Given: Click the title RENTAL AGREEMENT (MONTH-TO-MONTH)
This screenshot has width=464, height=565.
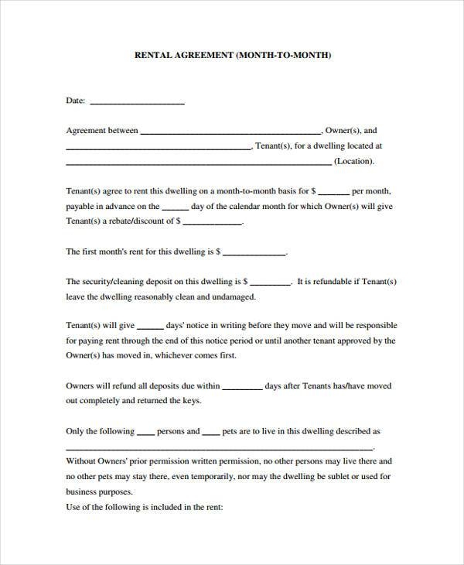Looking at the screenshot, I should [233, 56].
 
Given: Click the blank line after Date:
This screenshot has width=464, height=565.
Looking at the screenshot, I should [138, 101].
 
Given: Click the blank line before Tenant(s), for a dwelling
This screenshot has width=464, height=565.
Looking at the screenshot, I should [159, 146].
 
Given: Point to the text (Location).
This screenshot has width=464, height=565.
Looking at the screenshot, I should [354, 161].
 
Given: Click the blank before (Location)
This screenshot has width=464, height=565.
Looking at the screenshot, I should [198, 162].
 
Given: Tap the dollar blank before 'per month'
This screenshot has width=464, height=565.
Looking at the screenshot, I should [333, 191].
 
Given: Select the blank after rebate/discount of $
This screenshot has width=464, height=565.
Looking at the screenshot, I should [212, 222].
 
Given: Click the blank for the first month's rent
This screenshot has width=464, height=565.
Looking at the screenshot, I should [254, 252].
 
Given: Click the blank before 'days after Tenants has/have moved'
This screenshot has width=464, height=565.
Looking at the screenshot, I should [242, 387].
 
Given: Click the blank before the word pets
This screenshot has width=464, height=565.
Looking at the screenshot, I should [213, 433].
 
